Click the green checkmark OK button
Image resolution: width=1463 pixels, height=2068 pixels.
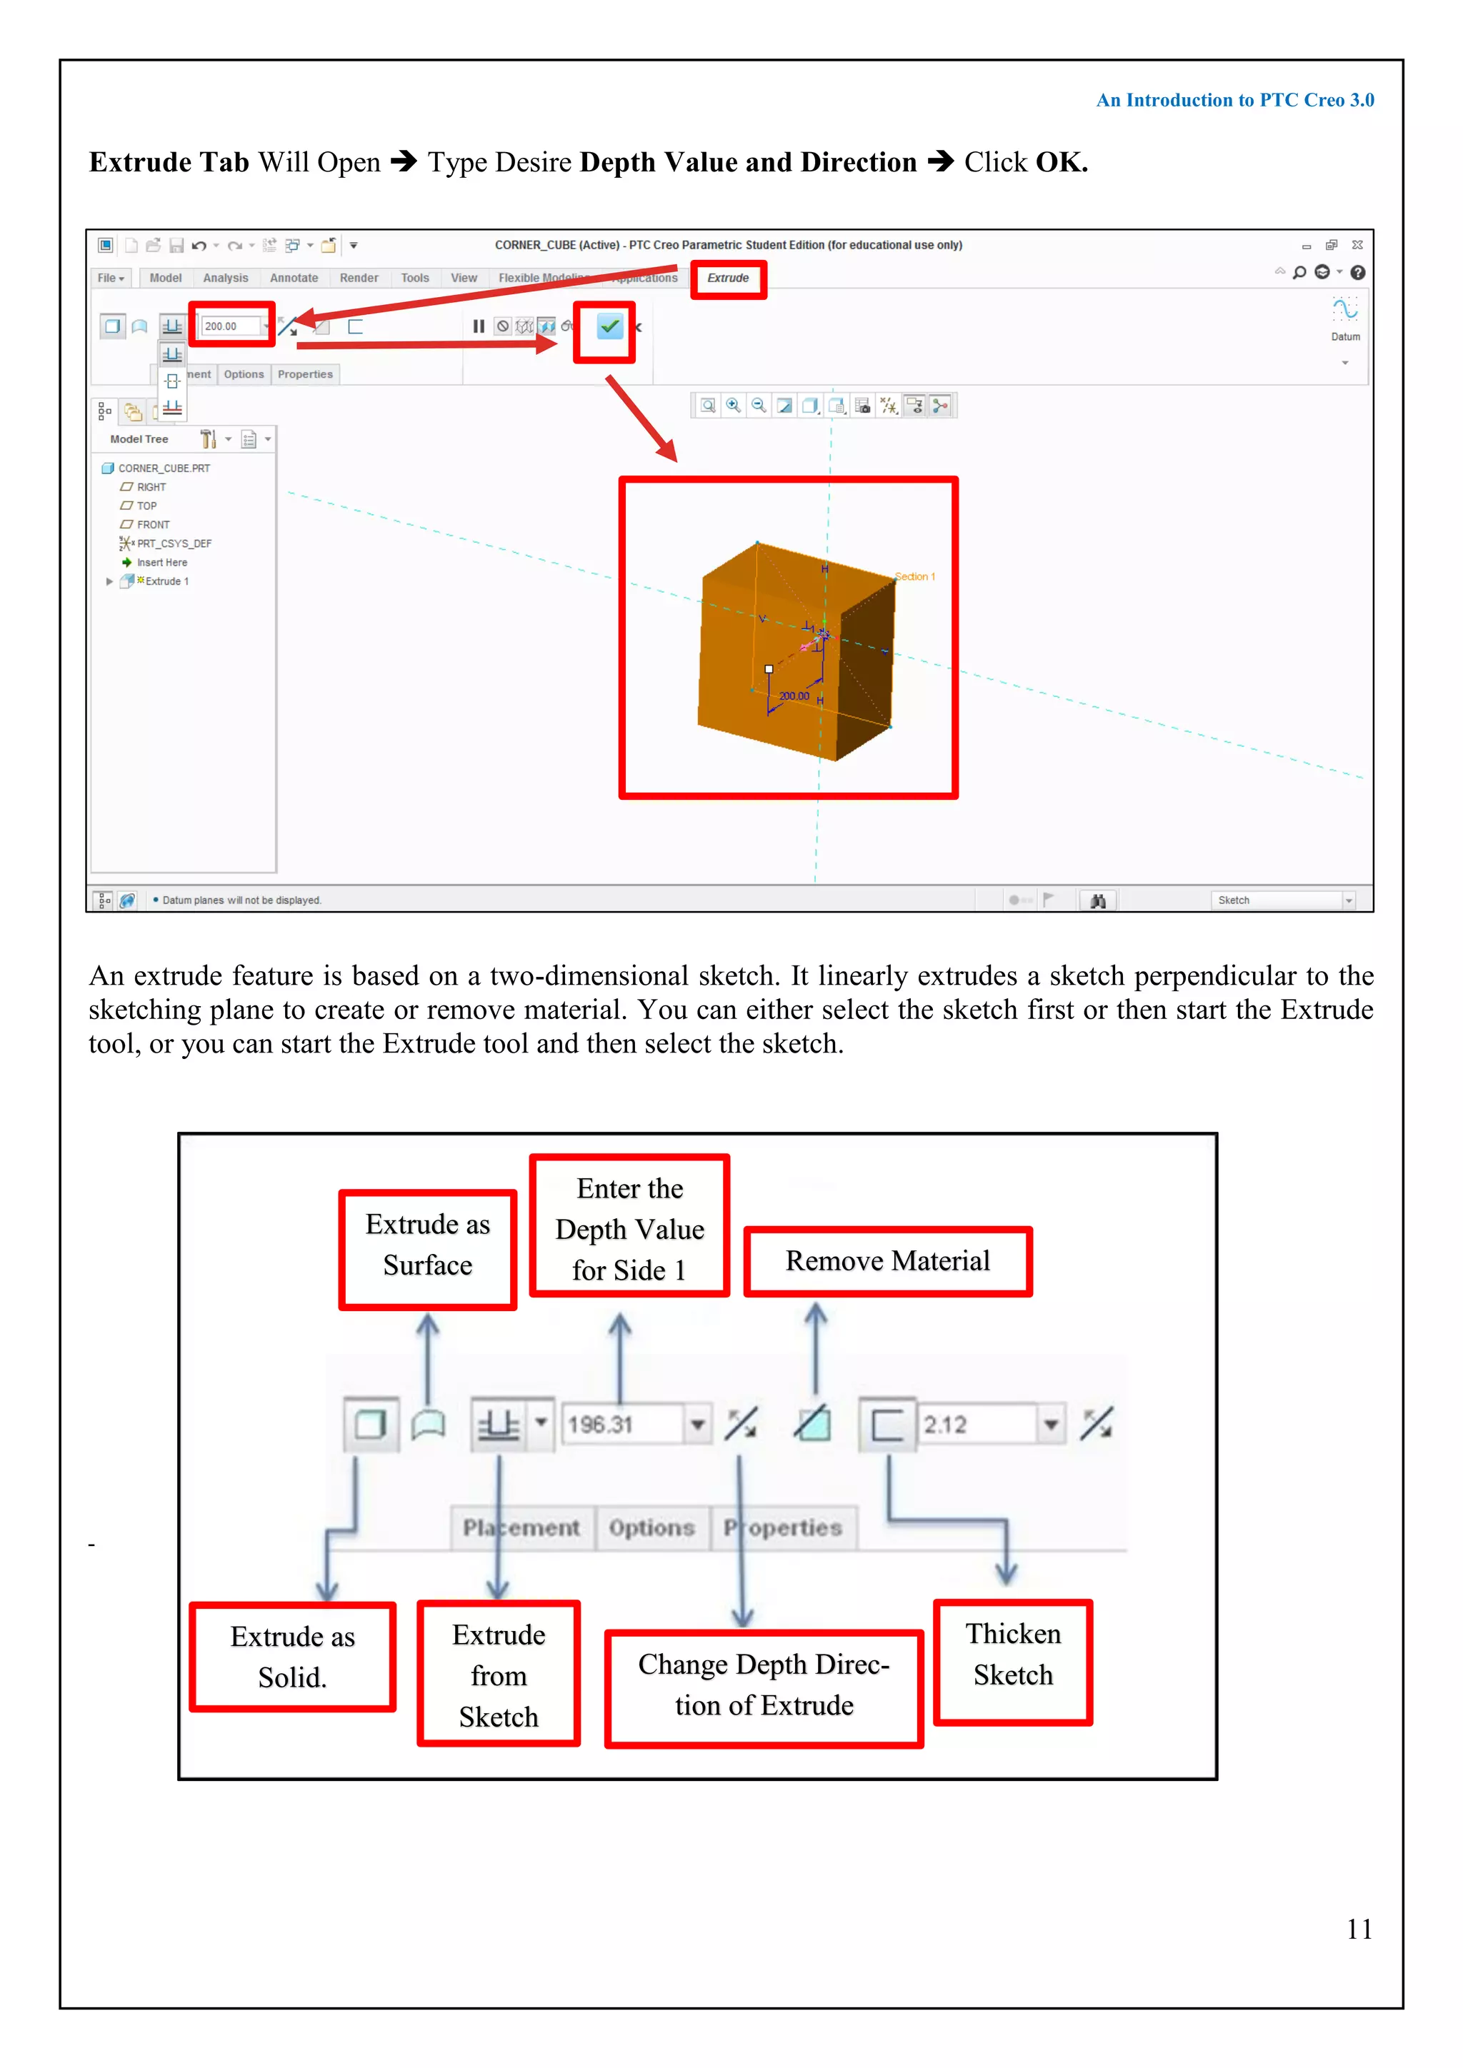pyautogui.click(x=609, y=327)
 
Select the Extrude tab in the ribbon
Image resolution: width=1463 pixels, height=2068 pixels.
pyautogui.click(x=728, y=278)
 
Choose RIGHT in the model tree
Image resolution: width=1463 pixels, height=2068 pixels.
pyautogui.click(x=151, y=487)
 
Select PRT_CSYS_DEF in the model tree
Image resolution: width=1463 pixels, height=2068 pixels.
pyautogui.click(x=173, y=544)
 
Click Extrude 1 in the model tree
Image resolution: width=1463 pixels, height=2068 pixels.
pyautogui.click(x=166, y=582)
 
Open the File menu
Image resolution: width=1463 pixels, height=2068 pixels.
pyautogui.click(x=110, y=278)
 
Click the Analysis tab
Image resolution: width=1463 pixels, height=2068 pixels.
pyautogui.click(x=225, y=278)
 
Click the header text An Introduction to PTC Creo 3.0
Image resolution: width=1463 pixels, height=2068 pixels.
pyautogui.click(x=1234, y=100)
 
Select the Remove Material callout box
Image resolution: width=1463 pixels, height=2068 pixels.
pyautogui.click(x=887, y=1261)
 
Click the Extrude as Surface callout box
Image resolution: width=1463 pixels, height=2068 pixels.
pyautogui.click(x=428, y=1245)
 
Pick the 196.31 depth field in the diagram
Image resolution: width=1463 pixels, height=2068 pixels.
pyautogui.click(x=621, y=1425)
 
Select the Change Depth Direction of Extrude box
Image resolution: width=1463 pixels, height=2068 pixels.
pyautogui.click(x=764, y=1685)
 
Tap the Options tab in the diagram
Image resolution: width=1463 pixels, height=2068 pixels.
pyautogui.click(x=651, y=1527)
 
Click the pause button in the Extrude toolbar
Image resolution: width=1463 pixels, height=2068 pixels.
pyautogui.click(x=479, y=327)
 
